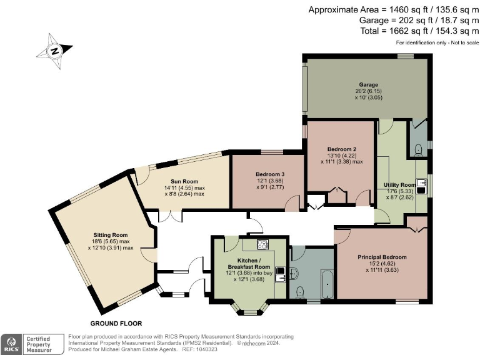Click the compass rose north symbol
55,51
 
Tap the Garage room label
369,84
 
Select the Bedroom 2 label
342,149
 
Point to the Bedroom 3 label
270,174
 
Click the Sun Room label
184,181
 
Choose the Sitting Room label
110,235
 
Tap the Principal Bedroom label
382,257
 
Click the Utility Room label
400,185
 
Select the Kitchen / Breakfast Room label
249,264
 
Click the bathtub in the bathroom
327,284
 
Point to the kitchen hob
262,244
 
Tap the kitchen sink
280,274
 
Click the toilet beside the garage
418,150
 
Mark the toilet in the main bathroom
300,292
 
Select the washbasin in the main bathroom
294,273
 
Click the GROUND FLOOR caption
116,323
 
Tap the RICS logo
11,344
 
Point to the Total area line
419,31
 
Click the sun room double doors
170,216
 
